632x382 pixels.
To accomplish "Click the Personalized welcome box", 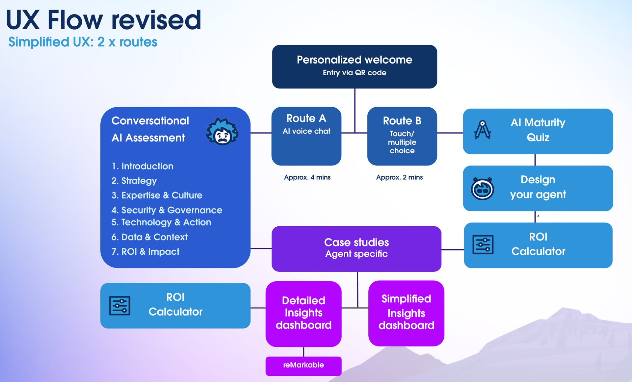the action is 355,67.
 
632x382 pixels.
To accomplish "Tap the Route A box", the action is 306,136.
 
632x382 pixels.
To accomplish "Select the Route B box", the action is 402,136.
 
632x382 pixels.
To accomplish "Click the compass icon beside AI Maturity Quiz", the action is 483,130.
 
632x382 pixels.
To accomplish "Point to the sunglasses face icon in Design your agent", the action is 483,189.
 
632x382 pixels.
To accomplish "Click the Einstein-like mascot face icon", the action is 222,131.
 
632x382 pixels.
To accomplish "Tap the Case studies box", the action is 356,249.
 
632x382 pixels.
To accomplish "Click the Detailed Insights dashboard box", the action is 303,314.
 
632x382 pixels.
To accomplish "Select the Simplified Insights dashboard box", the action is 406,313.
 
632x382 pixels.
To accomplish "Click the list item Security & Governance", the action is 167,210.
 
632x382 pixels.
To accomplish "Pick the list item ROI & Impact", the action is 145,252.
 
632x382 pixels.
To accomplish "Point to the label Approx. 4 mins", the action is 307,177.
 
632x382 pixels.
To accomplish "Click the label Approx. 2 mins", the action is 399,177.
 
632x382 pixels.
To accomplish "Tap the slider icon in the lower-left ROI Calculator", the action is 119,306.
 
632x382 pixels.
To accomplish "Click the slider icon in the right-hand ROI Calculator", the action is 483,244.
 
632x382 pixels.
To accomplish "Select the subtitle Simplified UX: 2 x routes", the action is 83,42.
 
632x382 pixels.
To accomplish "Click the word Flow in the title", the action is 75,20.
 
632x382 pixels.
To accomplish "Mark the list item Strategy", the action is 134,181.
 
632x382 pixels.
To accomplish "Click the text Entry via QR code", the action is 355,73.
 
